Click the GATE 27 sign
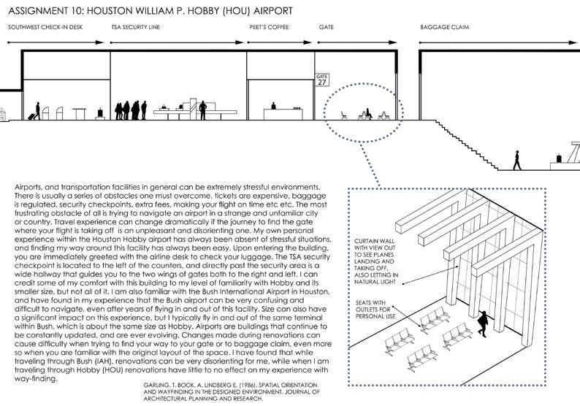click(322, 80)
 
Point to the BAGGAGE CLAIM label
click(444, 27)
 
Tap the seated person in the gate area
click(368, 114)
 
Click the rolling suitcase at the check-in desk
click(31, 115)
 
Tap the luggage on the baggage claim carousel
click(559, 156)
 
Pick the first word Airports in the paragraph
click(28, 188)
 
